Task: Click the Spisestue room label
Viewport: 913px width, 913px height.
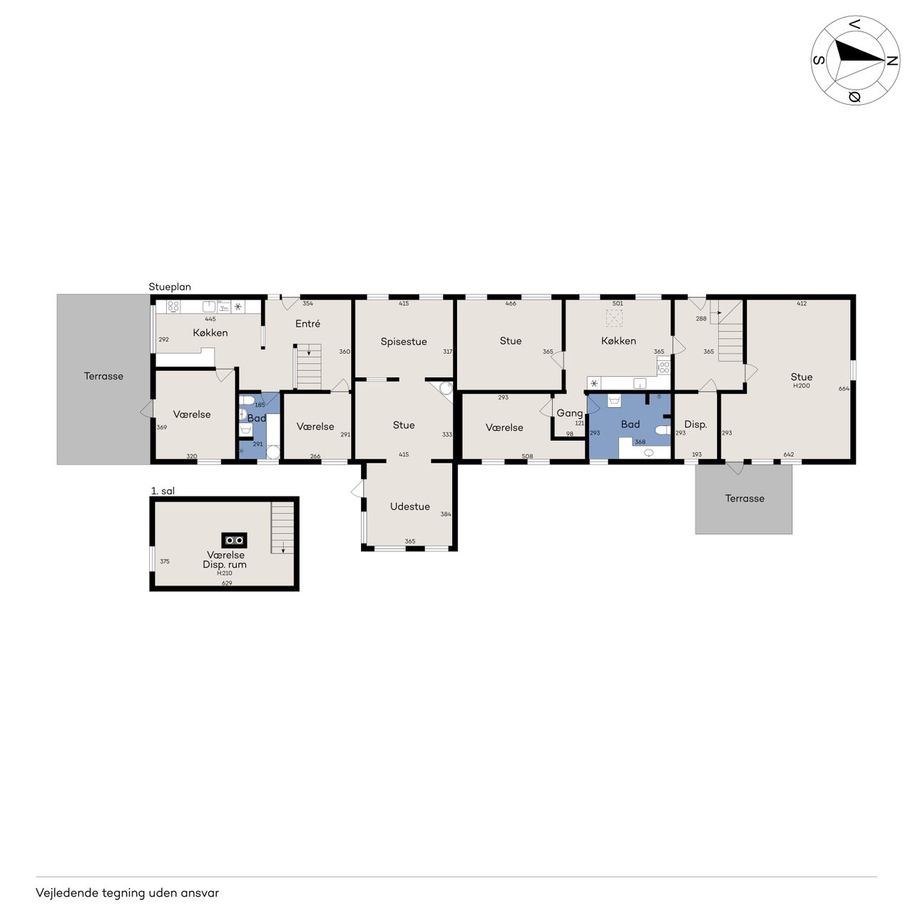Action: coord(403,342)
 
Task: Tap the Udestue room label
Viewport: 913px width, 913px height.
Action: coord(410,506)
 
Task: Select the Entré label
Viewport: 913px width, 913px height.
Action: coord(307,324)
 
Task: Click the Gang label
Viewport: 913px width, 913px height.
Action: coord(569,414)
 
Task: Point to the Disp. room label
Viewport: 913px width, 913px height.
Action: coord(695,424)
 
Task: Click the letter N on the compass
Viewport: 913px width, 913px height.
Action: coord(892,61)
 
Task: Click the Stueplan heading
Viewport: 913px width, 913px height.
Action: coord(170,287)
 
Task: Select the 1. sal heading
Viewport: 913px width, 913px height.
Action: coord(163,491)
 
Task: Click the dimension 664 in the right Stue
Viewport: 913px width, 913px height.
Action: coord(844,389)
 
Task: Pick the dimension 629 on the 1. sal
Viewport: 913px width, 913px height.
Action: coord(227,583)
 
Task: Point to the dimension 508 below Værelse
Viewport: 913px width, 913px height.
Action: coord(527,456)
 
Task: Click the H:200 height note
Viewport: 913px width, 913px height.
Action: coord(802,386)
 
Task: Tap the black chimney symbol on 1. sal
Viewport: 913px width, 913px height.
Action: coord(234,540)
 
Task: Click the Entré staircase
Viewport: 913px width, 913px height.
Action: coord(308,366)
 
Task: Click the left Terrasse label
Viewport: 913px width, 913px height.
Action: coord(103,376)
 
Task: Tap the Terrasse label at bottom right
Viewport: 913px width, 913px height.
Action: coord(745,499)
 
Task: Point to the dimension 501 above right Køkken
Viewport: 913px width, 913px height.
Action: coord(618,303)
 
